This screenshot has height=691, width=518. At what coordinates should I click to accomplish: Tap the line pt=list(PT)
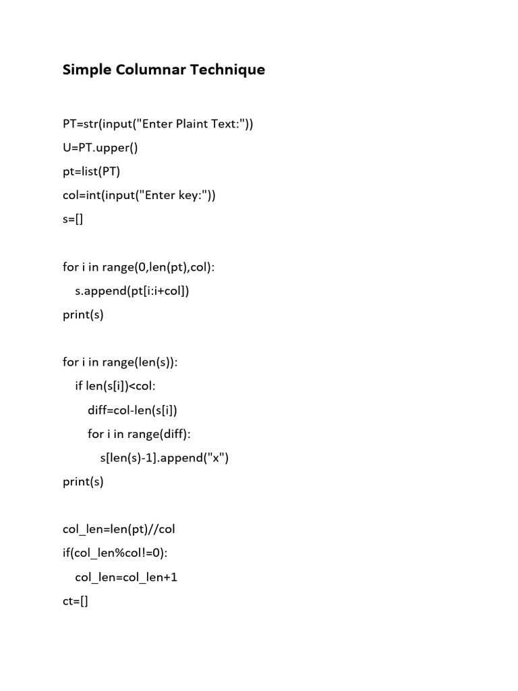pos(91,171)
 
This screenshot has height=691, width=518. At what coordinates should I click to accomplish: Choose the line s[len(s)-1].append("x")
pos(165,458)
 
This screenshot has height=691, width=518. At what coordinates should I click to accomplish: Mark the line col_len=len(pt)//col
pos(119,530)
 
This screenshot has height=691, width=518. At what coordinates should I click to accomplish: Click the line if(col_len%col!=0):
pos(115,553)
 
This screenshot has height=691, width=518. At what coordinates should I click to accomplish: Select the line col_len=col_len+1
pos(126,578)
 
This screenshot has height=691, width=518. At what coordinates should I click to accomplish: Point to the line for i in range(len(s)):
pos(120,362)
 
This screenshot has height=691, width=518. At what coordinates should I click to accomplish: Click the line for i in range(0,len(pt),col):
pos(138,267)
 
